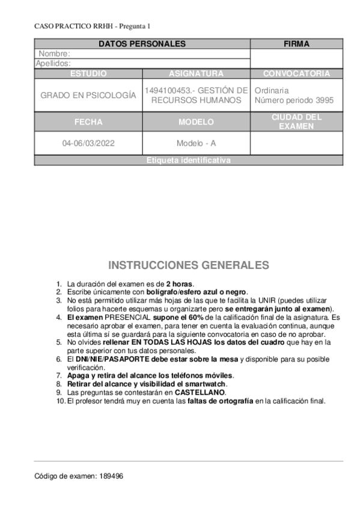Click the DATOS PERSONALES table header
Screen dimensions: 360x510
pos(142,44)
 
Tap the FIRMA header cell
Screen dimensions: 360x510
pos(296,44)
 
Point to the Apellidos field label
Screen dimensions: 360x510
pos(53,63)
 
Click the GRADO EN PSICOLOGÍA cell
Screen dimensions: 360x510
pos(88,95)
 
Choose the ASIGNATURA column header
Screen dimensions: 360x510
pos(196,73)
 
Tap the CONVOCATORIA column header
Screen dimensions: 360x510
pos(296,73)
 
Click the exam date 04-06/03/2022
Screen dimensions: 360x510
pos(88,144)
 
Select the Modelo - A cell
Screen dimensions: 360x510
pos(196,144)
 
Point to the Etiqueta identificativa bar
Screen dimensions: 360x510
pos(188,161)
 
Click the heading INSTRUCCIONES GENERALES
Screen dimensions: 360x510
pos(189,265)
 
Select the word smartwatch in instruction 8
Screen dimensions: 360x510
pos(207,383)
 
